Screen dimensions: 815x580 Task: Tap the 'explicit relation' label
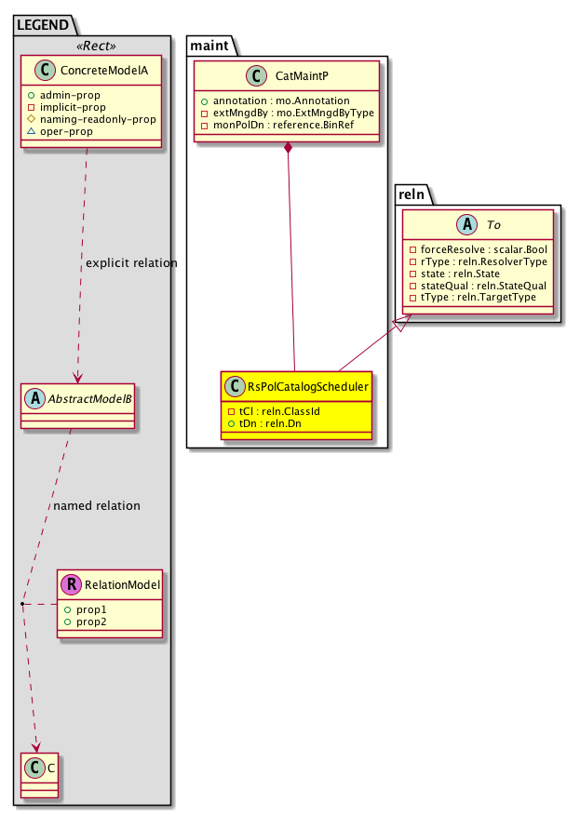click(130, 263)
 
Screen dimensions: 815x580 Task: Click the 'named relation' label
click(97, 506)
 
